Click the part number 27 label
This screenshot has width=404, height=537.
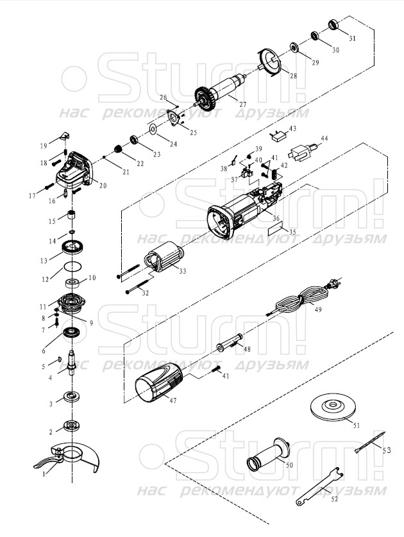[242, 105]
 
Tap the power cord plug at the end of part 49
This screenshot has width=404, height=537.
[333, 283]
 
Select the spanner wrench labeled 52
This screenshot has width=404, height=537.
[319, 486]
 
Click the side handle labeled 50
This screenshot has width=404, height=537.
[269, 454]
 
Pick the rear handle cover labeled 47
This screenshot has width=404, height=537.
[159, 383]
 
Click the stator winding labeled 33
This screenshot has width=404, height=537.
[164, 256]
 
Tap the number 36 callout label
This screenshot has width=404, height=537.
[276, 218]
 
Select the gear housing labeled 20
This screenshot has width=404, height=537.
[74, 170]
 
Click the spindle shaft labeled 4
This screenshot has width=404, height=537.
[72, 363]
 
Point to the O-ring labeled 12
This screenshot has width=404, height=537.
[73, 267]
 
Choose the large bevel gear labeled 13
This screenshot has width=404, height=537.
[73, 247]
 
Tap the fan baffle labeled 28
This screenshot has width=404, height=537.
[269, 62]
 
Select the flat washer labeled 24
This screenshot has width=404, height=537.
[153, 129]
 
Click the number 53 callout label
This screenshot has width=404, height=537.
[387, 450]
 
